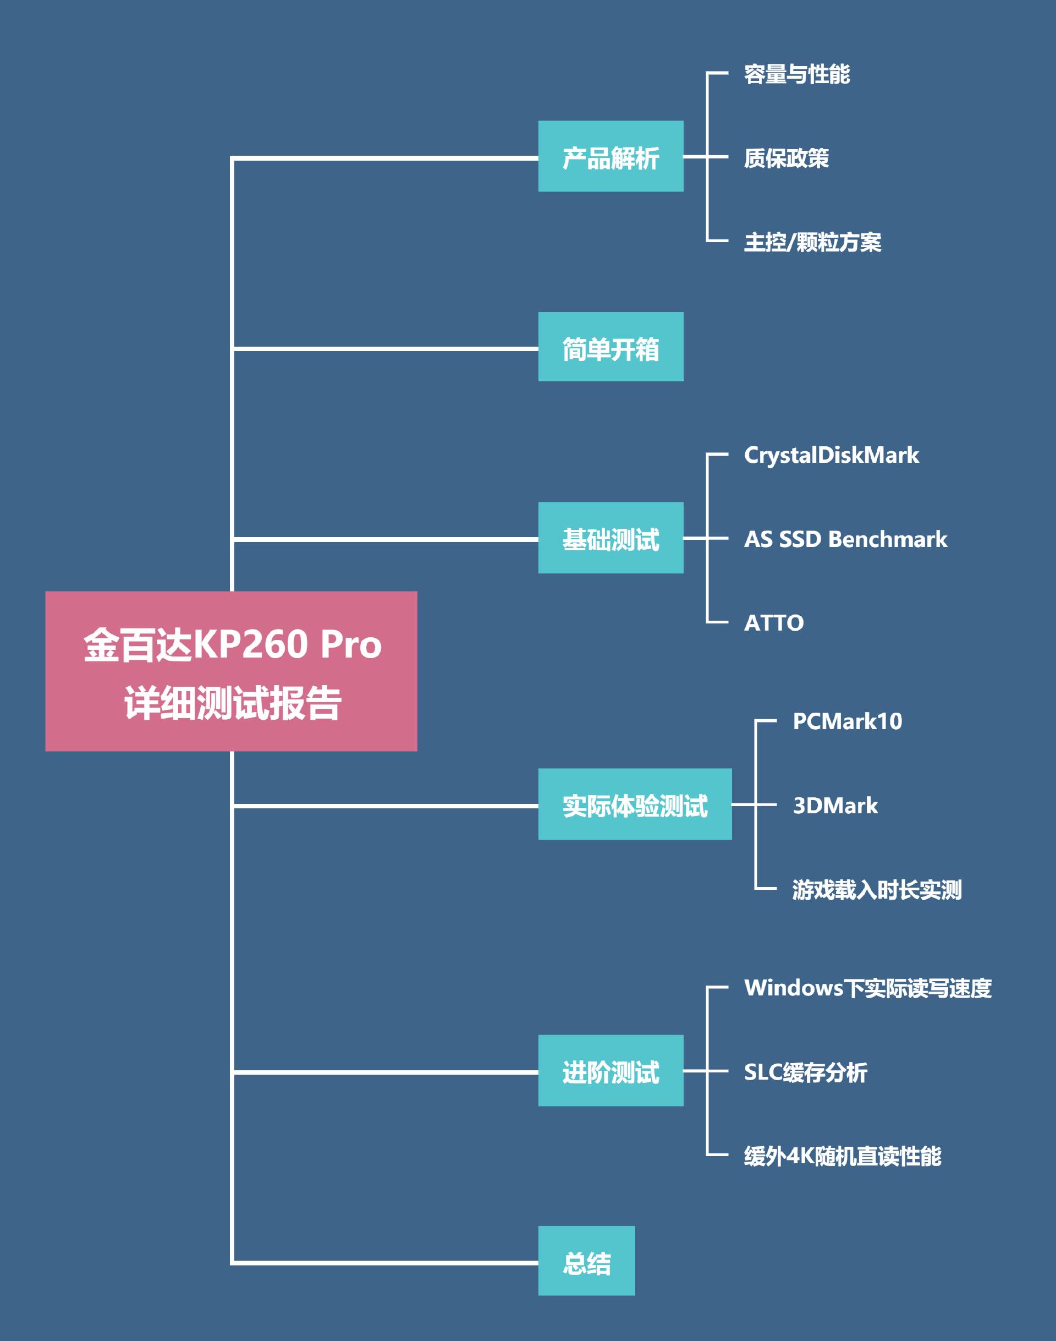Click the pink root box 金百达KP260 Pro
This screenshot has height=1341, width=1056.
tap(230, 671)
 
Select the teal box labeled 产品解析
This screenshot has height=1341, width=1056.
tap(610, 156)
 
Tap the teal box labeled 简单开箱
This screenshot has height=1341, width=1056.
tap(610, 347)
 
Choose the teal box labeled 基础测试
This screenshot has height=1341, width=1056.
tap(610, 538)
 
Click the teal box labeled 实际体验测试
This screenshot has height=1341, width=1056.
tap(634, 804)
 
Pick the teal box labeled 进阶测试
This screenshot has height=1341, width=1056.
tap(610, 1071)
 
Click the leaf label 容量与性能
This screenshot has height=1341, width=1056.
tap(796, 74)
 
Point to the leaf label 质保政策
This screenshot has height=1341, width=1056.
tap(786, 158)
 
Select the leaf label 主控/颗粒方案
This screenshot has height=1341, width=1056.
tap(812, 242)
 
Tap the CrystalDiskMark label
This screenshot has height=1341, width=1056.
tap(831, 455)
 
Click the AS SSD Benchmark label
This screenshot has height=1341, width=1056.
tap(845, 539)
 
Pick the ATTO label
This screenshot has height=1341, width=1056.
tap(773, 623)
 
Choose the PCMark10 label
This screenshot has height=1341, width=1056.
tap(847, 721)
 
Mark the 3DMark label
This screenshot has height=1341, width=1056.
tap(835, 806)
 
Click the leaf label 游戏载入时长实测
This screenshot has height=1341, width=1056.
tap(877, 889)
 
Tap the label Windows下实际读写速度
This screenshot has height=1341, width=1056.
tap(867, 988)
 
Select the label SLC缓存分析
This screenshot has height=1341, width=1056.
tap(805, 1072)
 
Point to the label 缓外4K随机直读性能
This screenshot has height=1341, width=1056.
tap(842, 1156)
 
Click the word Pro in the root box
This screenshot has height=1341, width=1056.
tap(350, 644)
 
